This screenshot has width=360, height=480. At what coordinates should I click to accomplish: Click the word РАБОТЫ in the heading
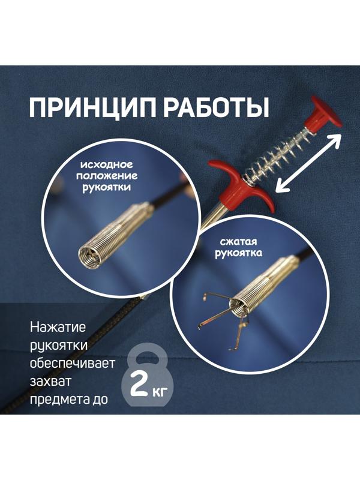[218, 109]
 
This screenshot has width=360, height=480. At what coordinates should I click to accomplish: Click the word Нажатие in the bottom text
[58, 329]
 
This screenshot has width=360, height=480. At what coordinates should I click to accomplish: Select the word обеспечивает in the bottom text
[73, 364]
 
